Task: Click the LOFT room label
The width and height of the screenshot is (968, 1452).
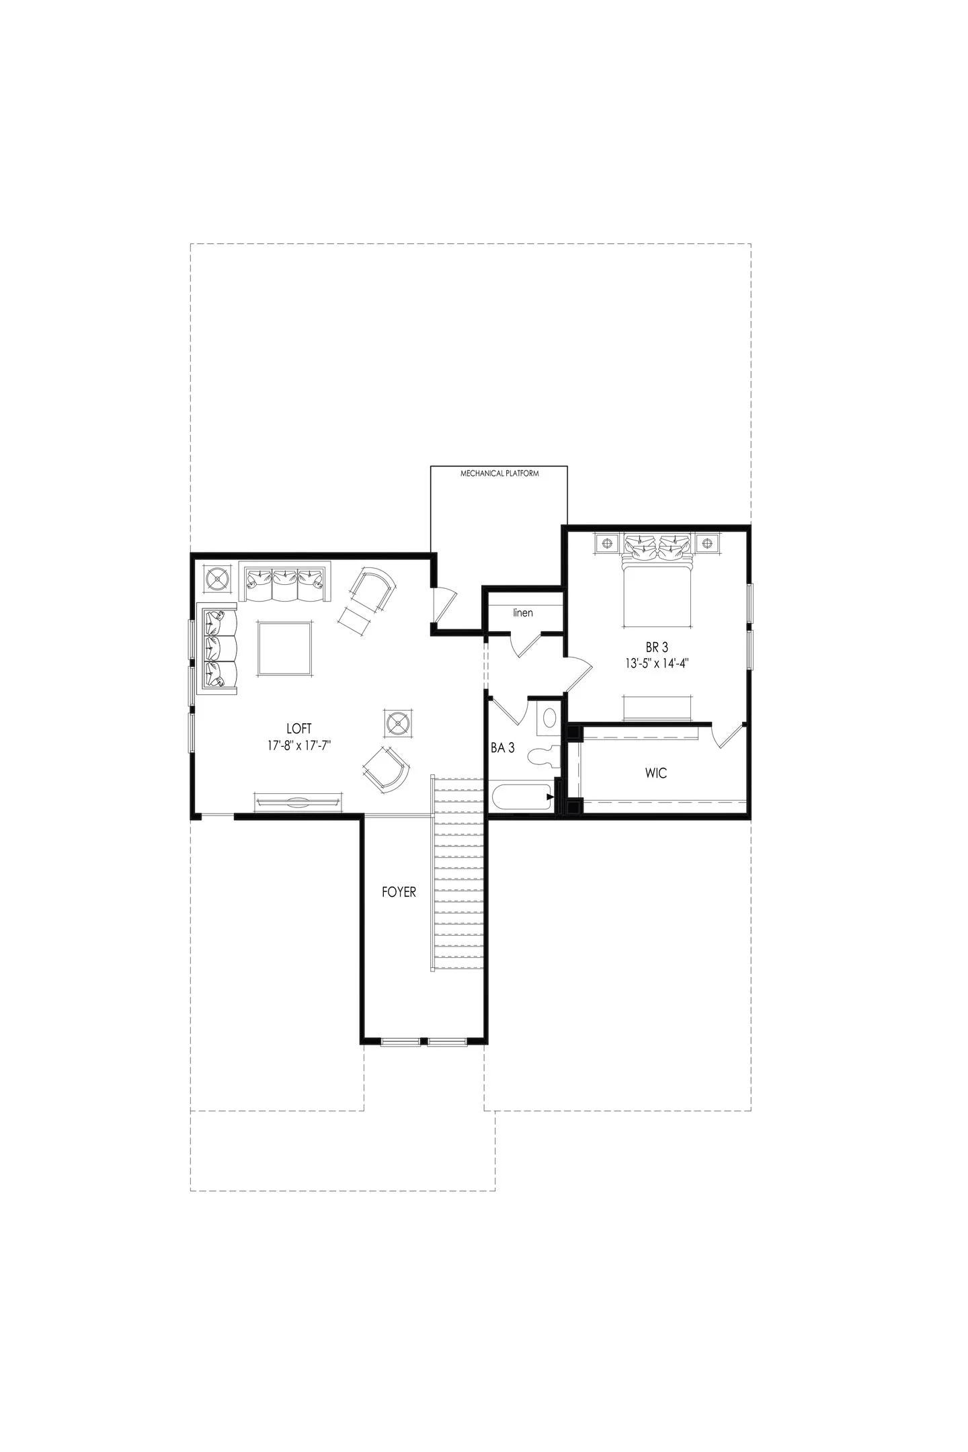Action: (298, 728)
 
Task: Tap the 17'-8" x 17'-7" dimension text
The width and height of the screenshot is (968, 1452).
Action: (300, 745)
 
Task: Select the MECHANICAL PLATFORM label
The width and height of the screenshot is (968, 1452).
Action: (499, 473)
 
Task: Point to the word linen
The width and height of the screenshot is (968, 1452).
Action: (523, 612)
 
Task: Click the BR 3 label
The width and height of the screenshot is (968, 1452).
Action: (657, 647)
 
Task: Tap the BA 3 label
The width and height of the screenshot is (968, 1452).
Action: (503, 747)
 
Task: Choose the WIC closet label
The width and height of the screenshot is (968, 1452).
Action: (655, 773)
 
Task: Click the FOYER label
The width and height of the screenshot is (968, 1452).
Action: (399, 892)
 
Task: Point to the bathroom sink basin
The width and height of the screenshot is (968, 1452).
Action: (549, 718)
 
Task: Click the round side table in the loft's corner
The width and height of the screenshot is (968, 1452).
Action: (218, 577)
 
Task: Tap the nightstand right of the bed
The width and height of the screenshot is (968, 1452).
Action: (707, 542)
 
